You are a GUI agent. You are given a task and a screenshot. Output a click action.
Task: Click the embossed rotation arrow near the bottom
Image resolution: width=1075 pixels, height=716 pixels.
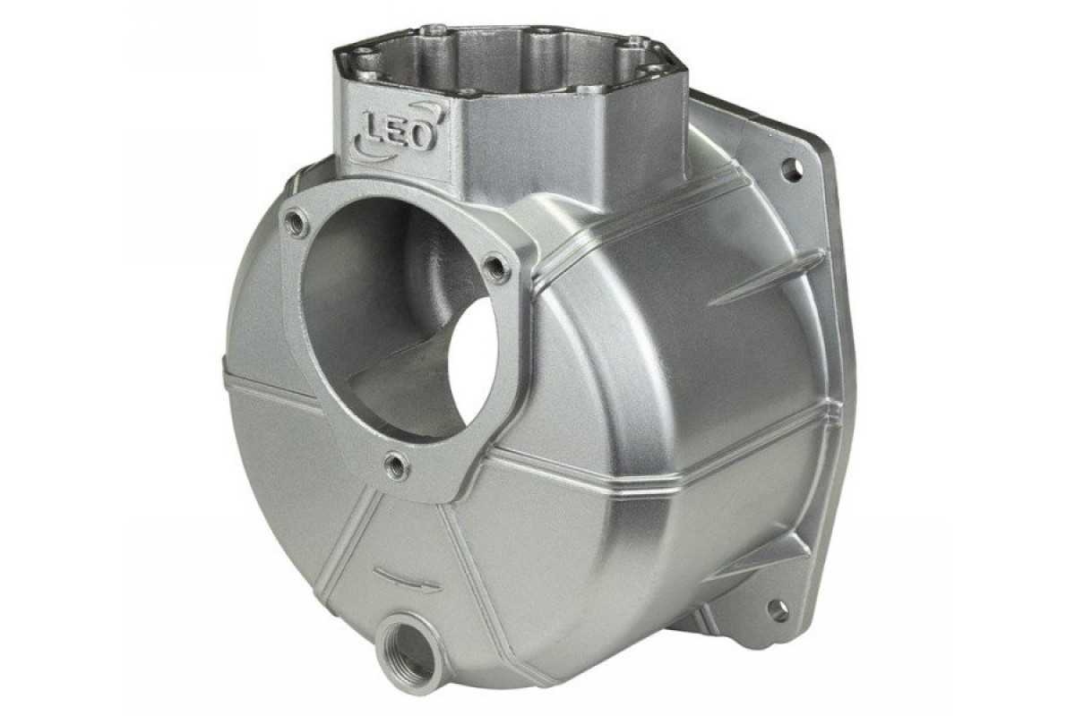pos(408,578)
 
